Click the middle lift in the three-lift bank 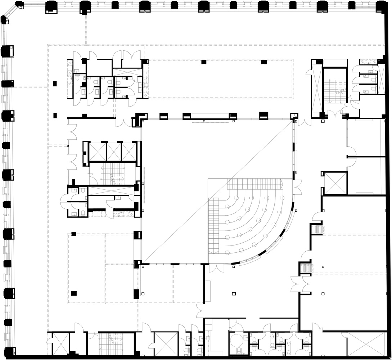click(x=114, y=152)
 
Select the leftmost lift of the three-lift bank click(x=98, y=152)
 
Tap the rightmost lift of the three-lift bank click(x=129, y=152)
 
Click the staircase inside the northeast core click(x=334, y=90)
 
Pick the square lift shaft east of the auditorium click(x=335, y=184)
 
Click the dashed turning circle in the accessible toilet click(x=237, y=340)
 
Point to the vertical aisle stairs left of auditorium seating click(x=214, y=225)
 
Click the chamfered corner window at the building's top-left click(x=6, y=20)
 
